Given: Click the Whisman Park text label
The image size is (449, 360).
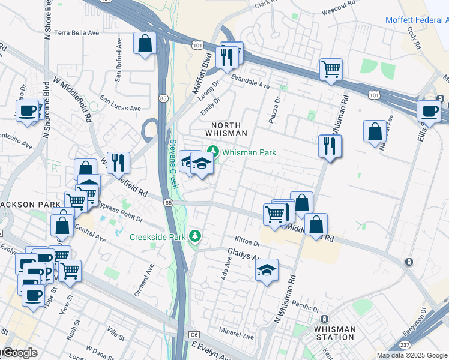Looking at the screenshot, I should tap(249, 152).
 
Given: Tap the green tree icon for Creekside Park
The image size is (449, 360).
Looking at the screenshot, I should tap(194, 237).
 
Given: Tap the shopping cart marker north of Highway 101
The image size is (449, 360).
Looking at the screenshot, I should tap(331, 70).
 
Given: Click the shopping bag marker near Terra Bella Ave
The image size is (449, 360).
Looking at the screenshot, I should tap(145, 44).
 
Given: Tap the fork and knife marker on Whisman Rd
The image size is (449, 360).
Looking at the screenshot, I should tap(329, 146).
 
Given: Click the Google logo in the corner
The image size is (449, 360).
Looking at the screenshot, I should tap(19, 353).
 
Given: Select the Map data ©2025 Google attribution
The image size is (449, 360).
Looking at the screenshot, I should tap(412, 355).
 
